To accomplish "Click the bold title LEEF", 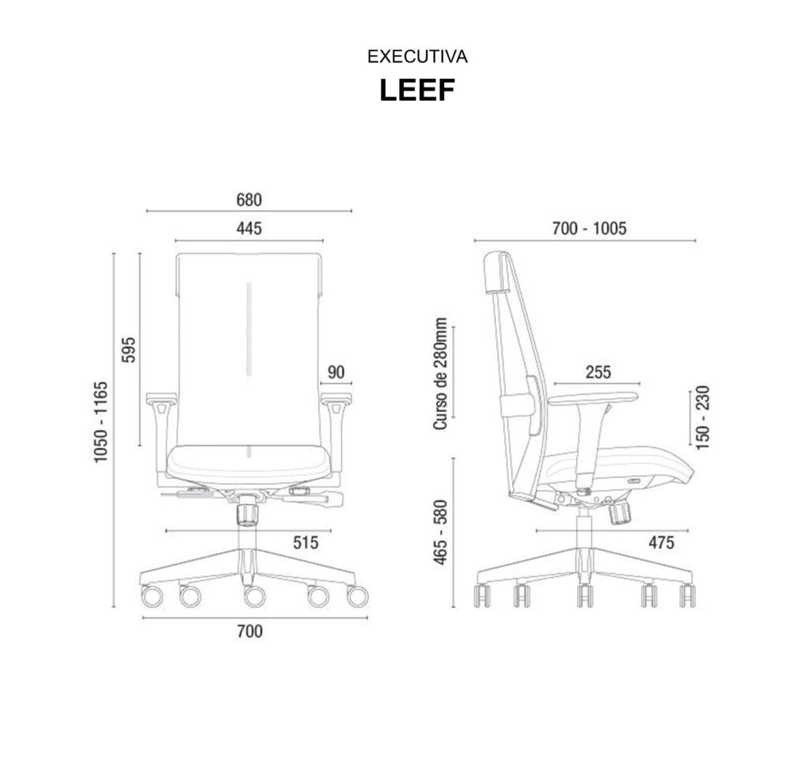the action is click(x=417, y=90).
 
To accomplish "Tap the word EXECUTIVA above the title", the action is click(x=417, y=57).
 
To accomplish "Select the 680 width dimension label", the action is click(x=249, y=199).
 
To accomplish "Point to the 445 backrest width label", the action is click(x=249, y=228).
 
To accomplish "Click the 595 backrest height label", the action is click(x=129, y=349).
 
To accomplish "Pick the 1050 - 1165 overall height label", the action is click(x=101, y=422).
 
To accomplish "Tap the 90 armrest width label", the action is click(x=336, y=372).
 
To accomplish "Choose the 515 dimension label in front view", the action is click(x=306, y=542).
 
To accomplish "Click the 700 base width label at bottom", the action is click(x=250, y=631).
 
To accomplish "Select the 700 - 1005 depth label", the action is click(x=589, y=228).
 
